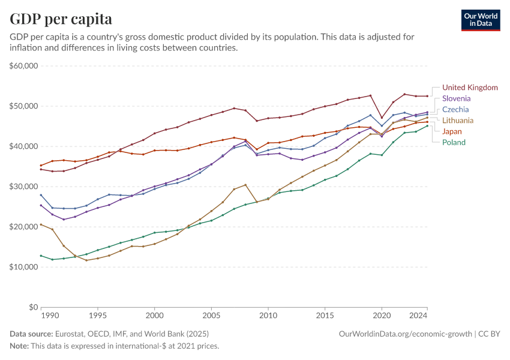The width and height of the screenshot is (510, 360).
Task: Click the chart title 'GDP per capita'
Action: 61,19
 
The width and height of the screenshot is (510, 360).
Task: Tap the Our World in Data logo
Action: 481,20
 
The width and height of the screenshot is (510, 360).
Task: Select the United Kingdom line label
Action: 470,88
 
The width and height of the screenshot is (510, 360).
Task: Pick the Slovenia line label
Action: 456,98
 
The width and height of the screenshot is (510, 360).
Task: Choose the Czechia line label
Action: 455,110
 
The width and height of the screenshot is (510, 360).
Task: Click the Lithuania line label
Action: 458,121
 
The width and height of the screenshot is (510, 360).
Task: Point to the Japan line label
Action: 452,131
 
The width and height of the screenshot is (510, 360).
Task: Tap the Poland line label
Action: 454,142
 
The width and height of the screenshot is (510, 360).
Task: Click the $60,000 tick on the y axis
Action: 24,66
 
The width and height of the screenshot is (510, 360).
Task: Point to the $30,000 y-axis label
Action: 24,187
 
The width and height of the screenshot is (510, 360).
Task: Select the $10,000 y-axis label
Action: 24,267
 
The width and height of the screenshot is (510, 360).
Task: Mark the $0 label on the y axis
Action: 34,307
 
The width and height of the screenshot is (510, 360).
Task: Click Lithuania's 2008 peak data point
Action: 245,185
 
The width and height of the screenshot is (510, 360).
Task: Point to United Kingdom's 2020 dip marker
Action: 382,118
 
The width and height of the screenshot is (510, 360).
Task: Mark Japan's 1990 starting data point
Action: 41,166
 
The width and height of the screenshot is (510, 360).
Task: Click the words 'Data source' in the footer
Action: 31,334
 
